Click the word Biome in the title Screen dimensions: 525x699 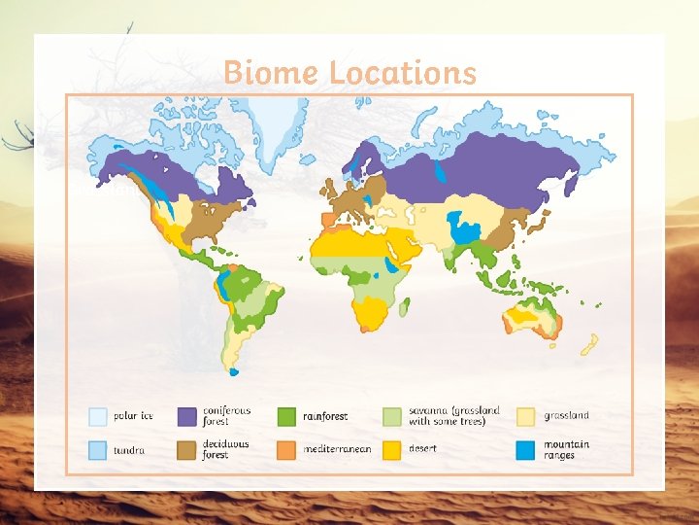tap(271, 73)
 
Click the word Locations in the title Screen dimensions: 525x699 tap(402, 73)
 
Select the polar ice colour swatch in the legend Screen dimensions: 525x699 tap(98, 416)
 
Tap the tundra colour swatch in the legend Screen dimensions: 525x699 tap(98, 450)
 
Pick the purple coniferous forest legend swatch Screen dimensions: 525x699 tap(187, 416)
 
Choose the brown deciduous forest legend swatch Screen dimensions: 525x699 tap(187, 450)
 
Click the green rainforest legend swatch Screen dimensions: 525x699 tap(287, 416)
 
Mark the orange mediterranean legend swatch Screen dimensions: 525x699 tap(287, 450)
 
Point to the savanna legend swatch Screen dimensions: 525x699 tap(392, 416)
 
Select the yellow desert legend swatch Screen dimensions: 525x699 tap(392, 450)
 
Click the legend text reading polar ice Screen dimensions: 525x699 tap(134, 416)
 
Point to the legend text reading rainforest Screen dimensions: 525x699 tap(325, 416)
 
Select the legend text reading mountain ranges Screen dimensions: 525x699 tap(566, 450)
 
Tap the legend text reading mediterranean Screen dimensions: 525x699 tap(337, 449)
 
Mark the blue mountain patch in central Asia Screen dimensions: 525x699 tap(467, 233)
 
